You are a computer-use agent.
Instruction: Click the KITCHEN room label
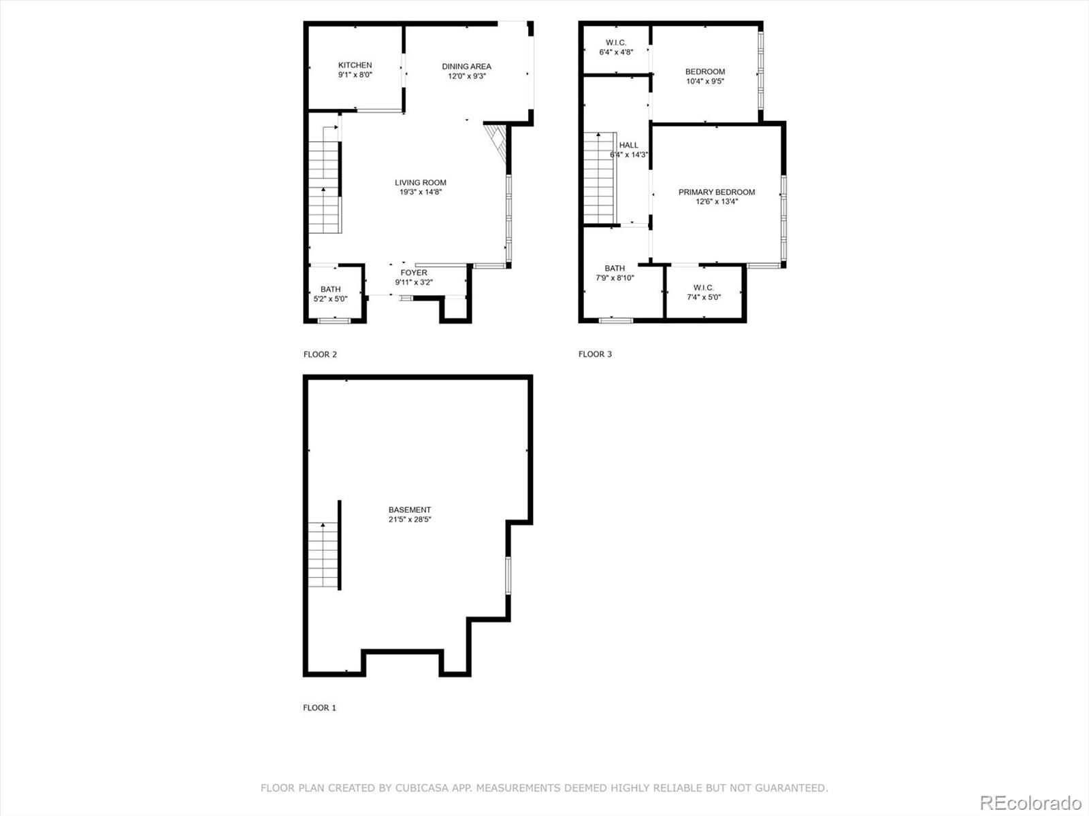pyautogui.click(x=355, y=65)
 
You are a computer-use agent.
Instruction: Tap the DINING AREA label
pyautogui.click(x=466, y=67)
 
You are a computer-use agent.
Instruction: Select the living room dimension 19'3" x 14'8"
pyautogui.click(x=421, y=192)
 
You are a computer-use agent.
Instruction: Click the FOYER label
pyautogui.click(x=414, y=273)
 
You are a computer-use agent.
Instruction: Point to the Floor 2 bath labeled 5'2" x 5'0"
pyautogui.click(x=330, y=294)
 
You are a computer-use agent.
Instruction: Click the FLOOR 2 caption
pyautogui.click(x=320, y=354)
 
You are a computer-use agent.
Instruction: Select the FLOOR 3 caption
pyautogui.click(x=595, y=354)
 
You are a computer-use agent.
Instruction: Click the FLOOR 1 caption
pyautogui.click(x=319, y=708)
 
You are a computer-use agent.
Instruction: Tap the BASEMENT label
pyautogui.click(x=410, y=510)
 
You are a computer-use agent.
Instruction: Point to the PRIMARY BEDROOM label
pyautogui.click(x=717, y=192)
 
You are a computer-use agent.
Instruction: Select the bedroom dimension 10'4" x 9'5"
pyautogui.click(x=705, y=81)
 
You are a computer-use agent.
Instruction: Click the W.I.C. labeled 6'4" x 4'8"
pyautogui.click(x=616, y=47)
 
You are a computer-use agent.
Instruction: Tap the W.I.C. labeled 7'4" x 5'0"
pyautogui.click(x=703, y=292)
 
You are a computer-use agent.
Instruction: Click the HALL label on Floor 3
pyautogui.click(x=629, y=145)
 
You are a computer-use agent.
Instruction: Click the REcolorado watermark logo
pyautogui.click(x=1030, y=802)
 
